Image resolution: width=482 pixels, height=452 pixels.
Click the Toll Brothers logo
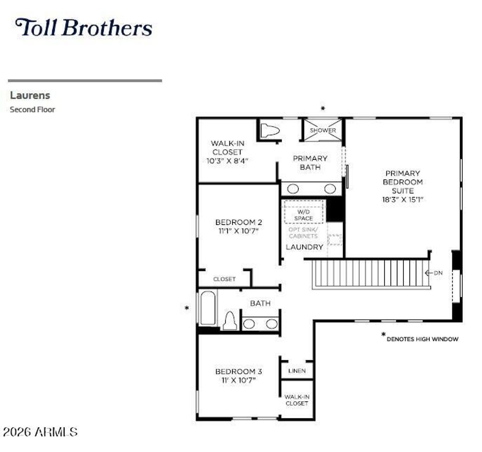(84, 28)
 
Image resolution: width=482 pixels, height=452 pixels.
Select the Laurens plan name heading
(30, 95)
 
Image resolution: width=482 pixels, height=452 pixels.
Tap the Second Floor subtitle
(32, 110)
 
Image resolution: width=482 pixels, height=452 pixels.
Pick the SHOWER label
(323, 130)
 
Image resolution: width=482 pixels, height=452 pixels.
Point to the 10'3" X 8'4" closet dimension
(227, 160)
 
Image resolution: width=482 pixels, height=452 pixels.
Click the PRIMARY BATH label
(310, 163)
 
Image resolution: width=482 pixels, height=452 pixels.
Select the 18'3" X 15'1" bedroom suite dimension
(403, 199)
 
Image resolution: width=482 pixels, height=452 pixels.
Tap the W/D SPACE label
(304, 215)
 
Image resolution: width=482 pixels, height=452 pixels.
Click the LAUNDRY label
(305, 247)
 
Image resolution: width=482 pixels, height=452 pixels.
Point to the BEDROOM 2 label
(239, 222)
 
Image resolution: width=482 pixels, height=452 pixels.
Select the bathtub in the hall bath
(208, 308)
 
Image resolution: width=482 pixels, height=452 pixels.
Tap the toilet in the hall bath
(230, 321)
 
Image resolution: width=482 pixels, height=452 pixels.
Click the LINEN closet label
(297, 371)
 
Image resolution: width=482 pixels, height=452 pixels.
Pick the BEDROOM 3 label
(239, 371)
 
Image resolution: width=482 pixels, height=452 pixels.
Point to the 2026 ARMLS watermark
(40, 432)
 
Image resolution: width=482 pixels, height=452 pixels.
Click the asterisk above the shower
(323, 108)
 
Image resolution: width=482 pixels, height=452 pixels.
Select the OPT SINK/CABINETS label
(303, 233)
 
